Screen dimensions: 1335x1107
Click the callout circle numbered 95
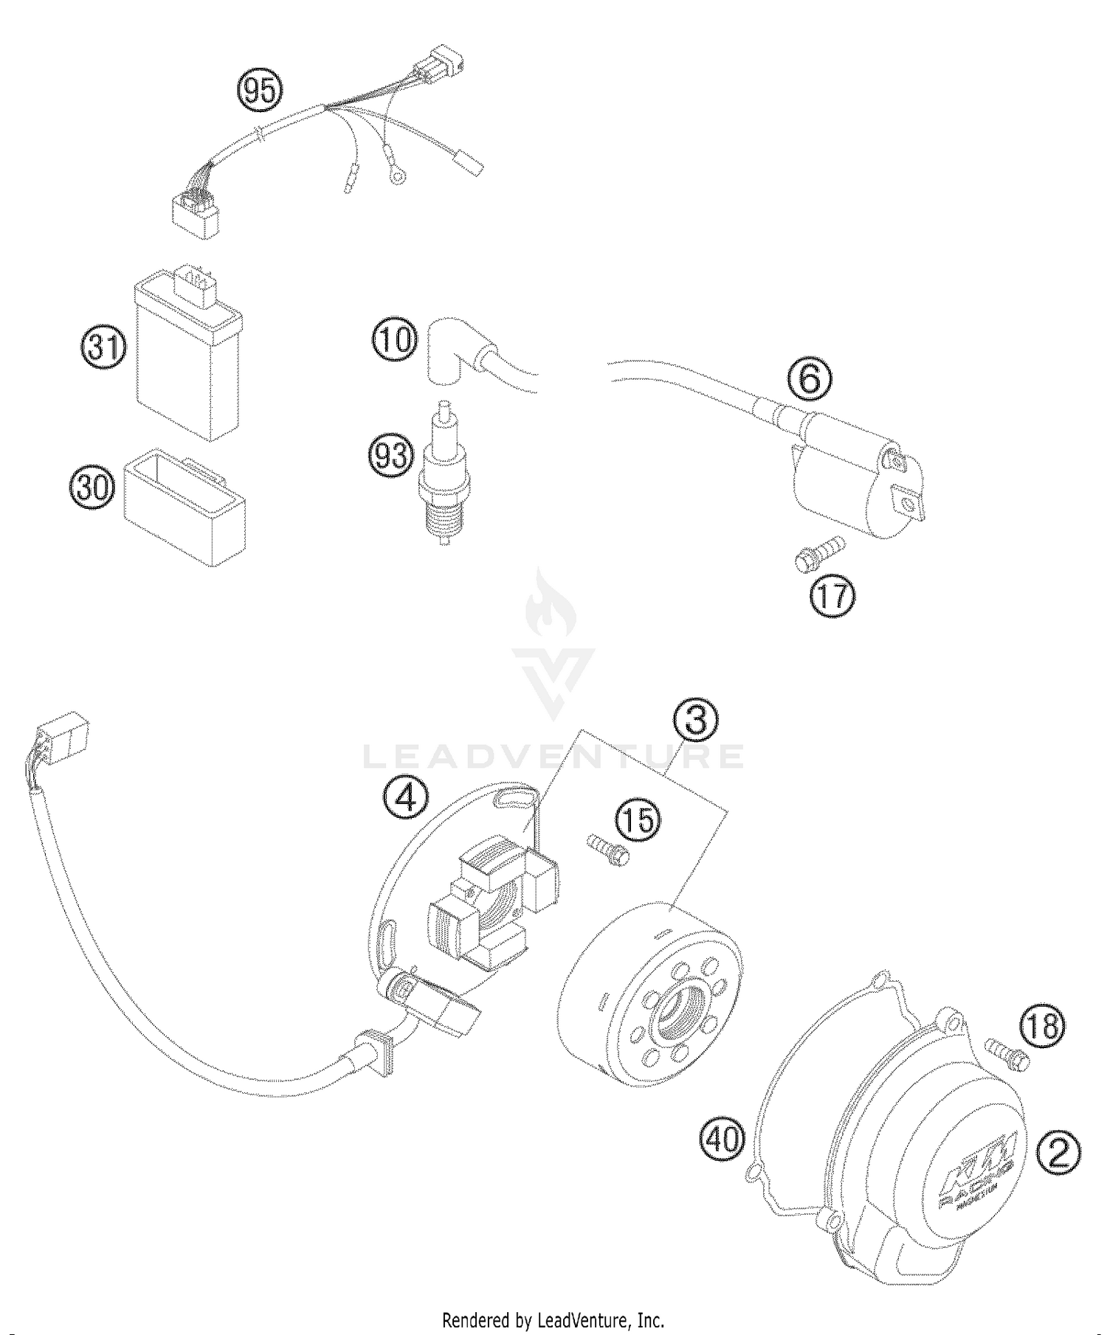[x=259, y=91]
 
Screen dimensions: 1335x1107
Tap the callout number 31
[x=103, y=347]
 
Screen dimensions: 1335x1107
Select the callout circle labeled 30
[x=93, y=488]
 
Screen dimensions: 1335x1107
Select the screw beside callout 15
[x=609, y=849]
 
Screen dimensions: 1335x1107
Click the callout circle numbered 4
[x=406, y=799]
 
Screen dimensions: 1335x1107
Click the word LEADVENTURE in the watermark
[x=553, y=756]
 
